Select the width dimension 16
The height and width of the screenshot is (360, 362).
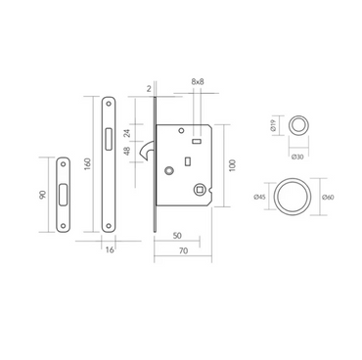[x=108, y=249]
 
